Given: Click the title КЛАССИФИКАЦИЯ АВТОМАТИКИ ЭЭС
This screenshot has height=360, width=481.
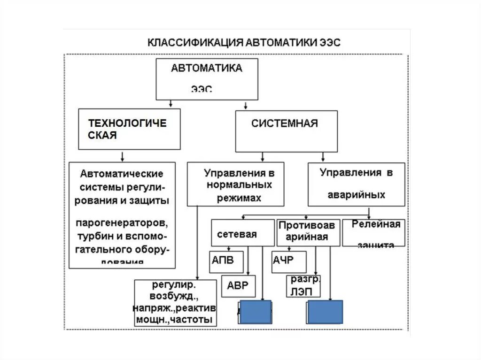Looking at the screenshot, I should click(244, 42).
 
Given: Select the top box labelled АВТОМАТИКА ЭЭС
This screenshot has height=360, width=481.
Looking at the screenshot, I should click(207, 78).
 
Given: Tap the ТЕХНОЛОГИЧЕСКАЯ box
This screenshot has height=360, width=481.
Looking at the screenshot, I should click(129, 129).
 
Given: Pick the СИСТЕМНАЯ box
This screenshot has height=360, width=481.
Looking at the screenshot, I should click(286, 131).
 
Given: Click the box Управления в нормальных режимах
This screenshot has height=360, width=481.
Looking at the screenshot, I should click(235, 184).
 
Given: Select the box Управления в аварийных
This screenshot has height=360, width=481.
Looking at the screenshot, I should click(356, 184).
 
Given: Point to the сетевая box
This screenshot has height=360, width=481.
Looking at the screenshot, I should click(242, 233).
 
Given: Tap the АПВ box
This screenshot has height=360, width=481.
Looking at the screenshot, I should click(226, 262).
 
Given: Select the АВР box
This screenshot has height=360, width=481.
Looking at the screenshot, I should click(239, 286).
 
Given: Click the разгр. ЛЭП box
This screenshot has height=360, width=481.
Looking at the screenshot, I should click(304, 286).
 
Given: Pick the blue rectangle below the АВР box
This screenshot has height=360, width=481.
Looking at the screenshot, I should click(256, 312).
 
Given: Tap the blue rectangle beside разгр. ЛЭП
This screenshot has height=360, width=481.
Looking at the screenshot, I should click(325, 312).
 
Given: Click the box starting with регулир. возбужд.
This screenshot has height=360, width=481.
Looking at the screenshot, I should click(175, 303).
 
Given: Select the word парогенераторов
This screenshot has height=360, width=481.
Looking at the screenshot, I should click(121, 221).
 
